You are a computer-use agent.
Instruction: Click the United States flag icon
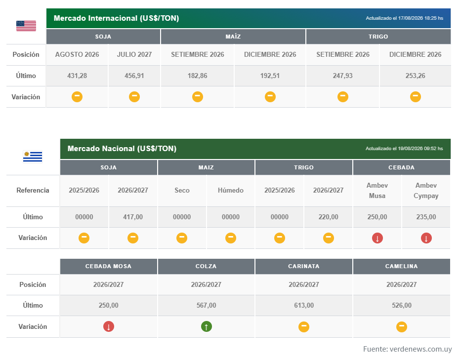point(26,26)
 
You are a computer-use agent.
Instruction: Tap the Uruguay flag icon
point(33,157)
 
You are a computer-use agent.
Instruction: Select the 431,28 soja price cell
point(77,76)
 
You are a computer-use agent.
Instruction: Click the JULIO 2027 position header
point(134,55)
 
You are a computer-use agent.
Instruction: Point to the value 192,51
point(270,76)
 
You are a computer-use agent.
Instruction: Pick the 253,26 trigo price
point(415,76)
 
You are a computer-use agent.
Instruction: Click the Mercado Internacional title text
point(117,18)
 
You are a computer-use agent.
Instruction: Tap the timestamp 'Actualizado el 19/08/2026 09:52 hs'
point(404,149)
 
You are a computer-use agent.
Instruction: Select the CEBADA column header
point(401,167)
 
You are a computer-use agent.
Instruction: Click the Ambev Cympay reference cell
point(426,191)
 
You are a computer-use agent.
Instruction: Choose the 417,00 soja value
point(133,217)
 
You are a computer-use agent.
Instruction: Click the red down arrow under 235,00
point(426,238)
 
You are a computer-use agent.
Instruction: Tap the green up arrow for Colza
point(207,326)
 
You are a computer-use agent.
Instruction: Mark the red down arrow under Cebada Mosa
point(109,326)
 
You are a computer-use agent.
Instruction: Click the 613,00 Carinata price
point(304,305)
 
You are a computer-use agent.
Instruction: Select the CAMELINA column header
point(401,266)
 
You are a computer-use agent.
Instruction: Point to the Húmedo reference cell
point(230,191)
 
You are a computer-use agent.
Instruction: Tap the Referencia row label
point(33,191)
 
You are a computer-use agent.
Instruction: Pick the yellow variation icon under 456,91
point(134,97)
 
